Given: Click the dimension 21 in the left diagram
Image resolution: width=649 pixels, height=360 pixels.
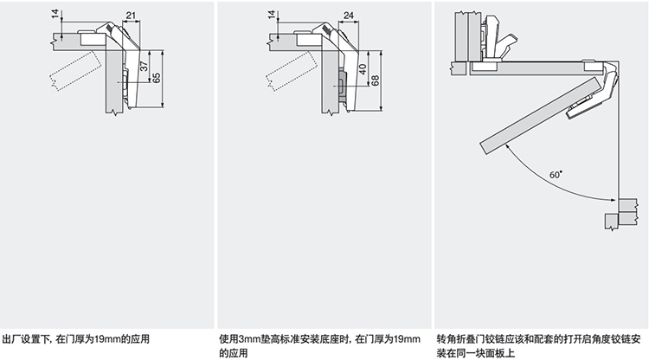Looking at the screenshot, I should tap(129, 16).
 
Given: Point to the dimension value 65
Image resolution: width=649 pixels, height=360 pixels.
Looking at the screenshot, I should tap(157, 79).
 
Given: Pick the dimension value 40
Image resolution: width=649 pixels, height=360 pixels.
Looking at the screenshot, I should tap(362, 68).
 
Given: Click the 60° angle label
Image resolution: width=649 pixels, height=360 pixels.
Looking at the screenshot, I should tap(554, 175).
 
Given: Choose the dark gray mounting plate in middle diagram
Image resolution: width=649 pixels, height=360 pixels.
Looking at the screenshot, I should tap(343, 83).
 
